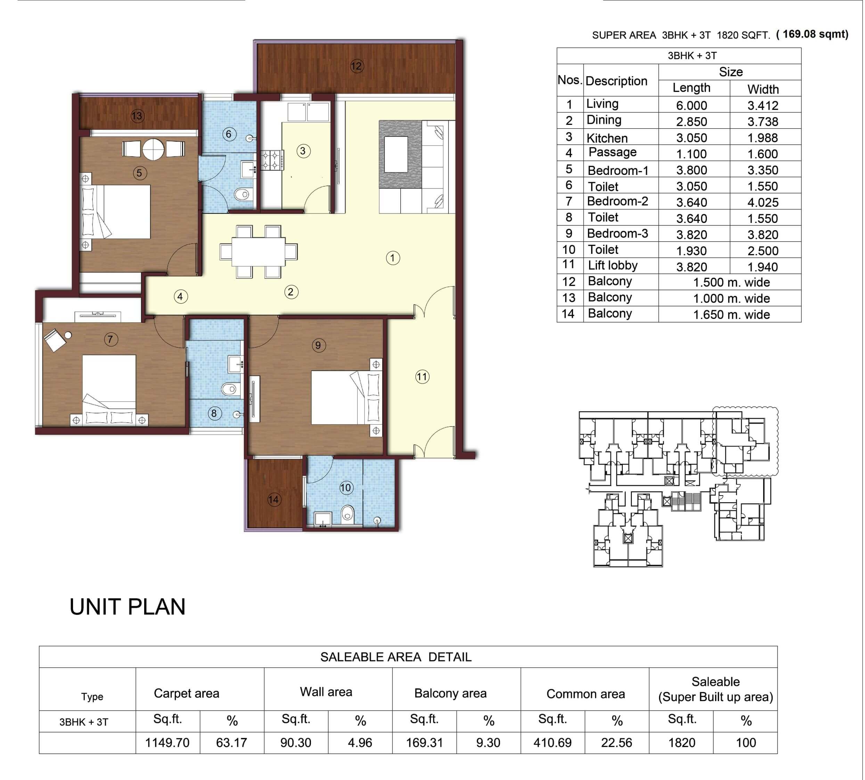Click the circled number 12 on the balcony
356,66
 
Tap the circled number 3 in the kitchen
303,151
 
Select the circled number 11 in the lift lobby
422,377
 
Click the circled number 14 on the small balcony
274,499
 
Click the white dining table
259,251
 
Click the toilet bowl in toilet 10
348,513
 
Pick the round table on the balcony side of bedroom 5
153,149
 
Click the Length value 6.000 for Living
692,105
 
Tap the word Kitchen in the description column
607,138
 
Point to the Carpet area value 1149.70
167,743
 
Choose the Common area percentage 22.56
616,743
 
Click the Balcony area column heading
450,693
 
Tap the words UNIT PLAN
127,606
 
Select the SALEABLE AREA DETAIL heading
396,657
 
